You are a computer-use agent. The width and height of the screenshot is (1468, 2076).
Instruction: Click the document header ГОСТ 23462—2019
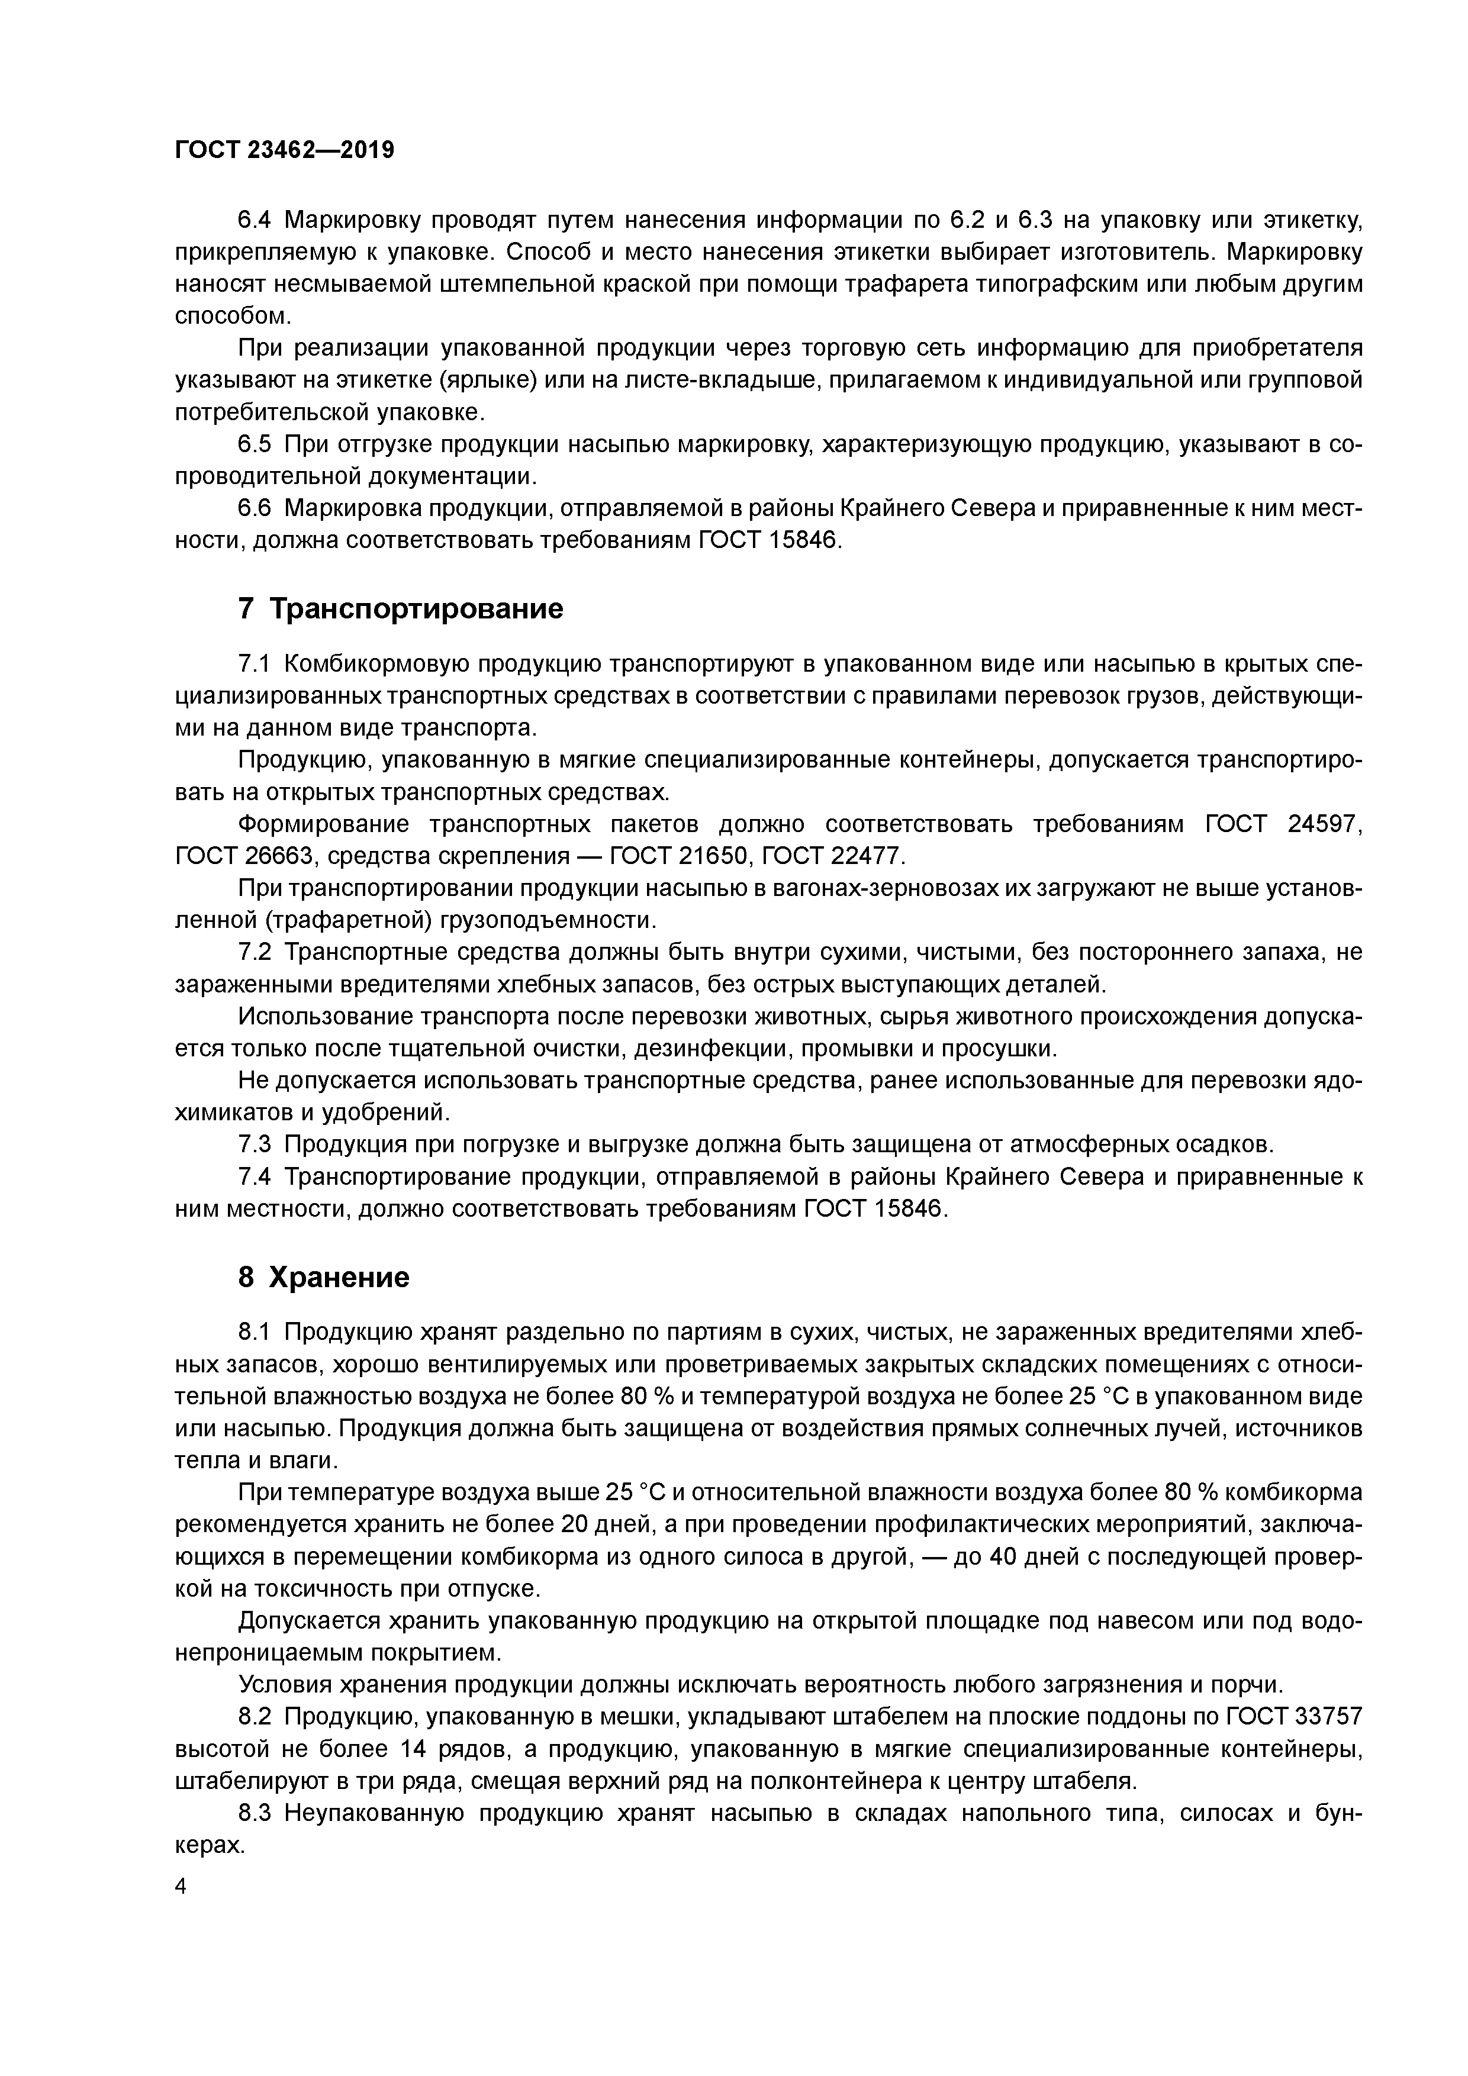point(284,150)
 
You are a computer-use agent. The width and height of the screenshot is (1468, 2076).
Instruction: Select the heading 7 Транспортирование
point(400,608)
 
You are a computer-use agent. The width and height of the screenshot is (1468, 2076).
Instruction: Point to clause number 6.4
point(254,220)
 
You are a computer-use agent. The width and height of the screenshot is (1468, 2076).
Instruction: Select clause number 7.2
point(254,952)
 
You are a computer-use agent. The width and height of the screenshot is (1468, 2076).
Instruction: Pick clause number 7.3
point(254,1145)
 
